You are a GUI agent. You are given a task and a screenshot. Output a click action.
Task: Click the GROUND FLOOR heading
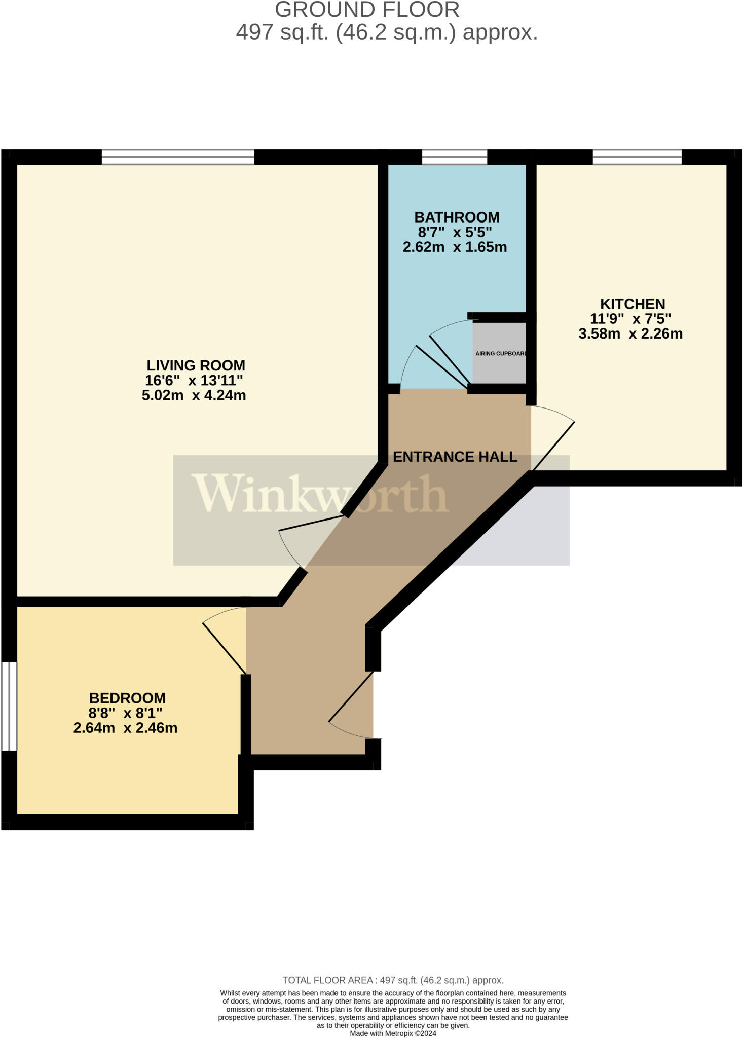367,10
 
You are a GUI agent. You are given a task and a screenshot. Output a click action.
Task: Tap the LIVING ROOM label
196,365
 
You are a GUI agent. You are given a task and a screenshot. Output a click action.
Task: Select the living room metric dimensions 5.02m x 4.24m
194,395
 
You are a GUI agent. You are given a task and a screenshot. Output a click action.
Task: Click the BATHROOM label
457,217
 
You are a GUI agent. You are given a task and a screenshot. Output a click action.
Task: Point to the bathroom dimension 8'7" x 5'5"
455,233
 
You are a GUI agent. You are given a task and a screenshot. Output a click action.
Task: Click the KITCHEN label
632,304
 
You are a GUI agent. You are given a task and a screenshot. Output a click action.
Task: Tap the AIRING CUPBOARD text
501,353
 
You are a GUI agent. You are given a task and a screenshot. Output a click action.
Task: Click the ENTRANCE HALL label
455,457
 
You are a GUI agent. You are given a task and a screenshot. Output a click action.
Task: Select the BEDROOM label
127,698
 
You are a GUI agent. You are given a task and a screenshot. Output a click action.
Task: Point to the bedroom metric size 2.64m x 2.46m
125,728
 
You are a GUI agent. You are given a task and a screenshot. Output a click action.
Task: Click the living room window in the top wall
177,157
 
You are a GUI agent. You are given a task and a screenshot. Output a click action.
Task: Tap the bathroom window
454,157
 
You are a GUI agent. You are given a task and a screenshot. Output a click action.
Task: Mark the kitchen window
637,157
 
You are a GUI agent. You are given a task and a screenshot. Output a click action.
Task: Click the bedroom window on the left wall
9,706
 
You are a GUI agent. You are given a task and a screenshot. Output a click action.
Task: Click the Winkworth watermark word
320,494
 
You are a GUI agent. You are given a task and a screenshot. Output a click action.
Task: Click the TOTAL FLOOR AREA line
393,980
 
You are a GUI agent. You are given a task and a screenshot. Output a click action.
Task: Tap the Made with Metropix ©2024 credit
393,1033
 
